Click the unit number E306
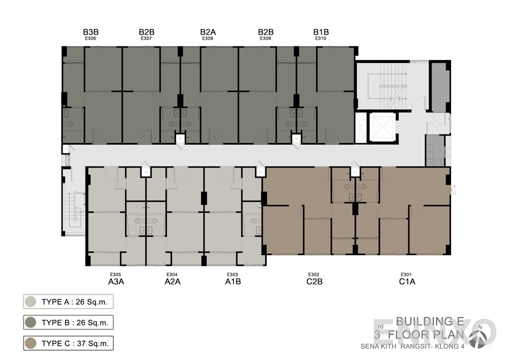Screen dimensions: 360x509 tap(91, 38)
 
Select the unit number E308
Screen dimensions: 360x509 tap(207, 38)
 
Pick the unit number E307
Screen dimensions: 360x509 tap(146, 38)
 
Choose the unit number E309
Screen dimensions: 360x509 tap(265, 38)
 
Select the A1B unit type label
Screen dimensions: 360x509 tap(233, 281)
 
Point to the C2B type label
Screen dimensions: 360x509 tap(314, 281)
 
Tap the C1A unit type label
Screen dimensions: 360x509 tap(406, 281)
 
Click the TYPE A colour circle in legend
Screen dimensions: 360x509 tap(31, 301)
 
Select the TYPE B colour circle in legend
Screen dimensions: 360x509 tap(31, 322)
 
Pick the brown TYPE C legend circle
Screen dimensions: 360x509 tap(31, 343)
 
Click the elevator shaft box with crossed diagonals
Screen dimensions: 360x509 tap(382, 128)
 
